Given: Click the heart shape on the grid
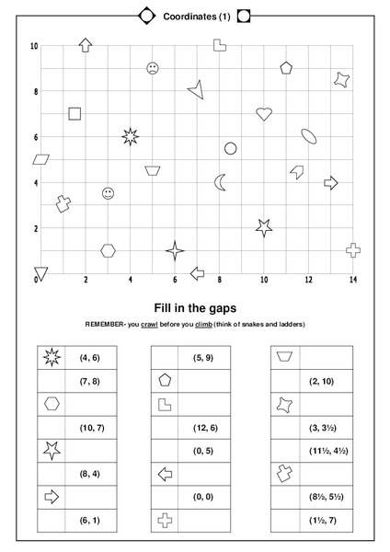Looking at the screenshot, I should pyautogui.click(x=264, y=114).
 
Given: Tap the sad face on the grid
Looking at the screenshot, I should pyautogui.click(x=153, y=68).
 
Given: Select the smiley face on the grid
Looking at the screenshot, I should pyautogui.click(x=109, y=193).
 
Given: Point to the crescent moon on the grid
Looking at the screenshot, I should pyautogui.click(x=220, y=182).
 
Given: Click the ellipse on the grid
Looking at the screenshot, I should pyautogui.click(x=309, y=136).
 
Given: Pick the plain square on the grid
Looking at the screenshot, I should pyautogui.click(x=75, y=114).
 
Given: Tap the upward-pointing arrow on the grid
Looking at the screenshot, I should pyautogui.click(x=86, y=44).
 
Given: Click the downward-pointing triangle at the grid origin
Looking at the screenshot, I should pyautogui.click(x=40, y=273).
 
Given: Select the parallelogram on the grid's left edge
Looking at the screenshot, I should pyautogui.click(x=40, y=159).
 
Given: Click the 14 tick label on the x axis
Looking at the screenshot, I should pyautogui.click(x=353, y=280).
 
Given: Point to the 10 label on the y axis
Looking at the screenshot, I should pyautogui.click(x=34, y=46).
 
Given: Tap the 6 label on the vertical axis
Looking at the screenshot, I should pyautogui.click(x=35, y=137).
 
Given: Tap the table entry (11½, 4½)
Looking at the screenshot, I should pyautogui.click(x=327, y=451).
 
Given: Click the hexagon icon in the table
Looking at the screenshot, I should pyautogui.click(x=52, y=403).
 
